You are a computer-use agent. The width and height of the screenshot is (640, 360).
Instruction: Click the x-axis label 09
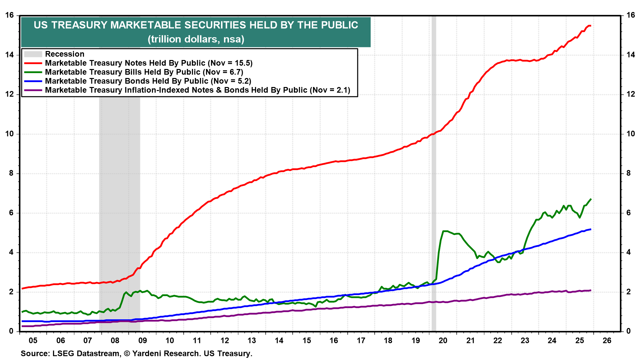pos(142,340)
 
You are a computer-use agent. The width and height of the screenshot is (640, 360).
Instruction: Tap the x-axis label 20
pos(443,340)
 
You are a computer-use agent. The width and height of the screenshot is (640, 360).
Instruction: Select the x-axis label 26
pos(607,340)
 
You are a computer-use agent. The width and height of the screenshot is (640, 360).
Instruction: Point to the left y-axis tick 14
pos(9,55)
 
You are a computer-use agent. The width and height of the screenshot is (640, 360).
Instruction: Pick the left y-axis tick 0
pos(11,331)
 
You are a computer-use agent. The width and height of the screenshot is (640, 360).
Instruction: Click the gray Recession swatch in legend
pos(33,54)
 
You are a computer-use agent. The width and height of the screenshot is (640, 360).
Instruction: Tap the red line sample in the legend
pos(33,63)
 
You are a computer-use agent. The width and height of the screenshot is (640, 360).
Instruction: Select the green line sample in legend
pos(33,72)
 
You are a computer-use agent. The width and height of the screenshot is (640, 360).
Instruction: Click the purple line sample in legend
pos(33,90)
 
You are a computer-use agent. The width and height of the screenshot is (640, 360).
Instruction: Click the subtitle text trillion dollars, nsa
pos(196,39)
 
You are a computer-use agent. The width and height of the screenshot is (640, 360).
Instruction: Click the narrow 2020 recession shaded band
pos(434,200)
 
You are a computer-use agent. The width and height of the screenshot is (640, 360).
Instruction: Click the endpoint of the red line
pos(590,26)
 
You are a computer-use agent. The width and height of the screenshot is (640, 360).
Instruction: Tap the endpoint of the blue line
pos(591,229)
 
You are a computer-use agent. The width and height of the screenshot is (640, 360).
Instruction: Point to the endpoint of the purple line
pos(591,290)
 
